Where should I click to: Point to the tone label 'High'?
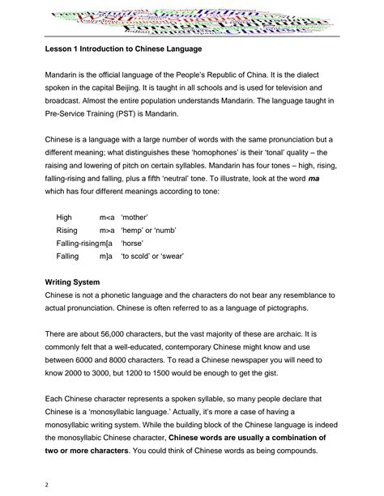[x=65, y=217]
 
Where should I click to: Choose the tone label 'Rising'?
[x=67, y=230]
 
